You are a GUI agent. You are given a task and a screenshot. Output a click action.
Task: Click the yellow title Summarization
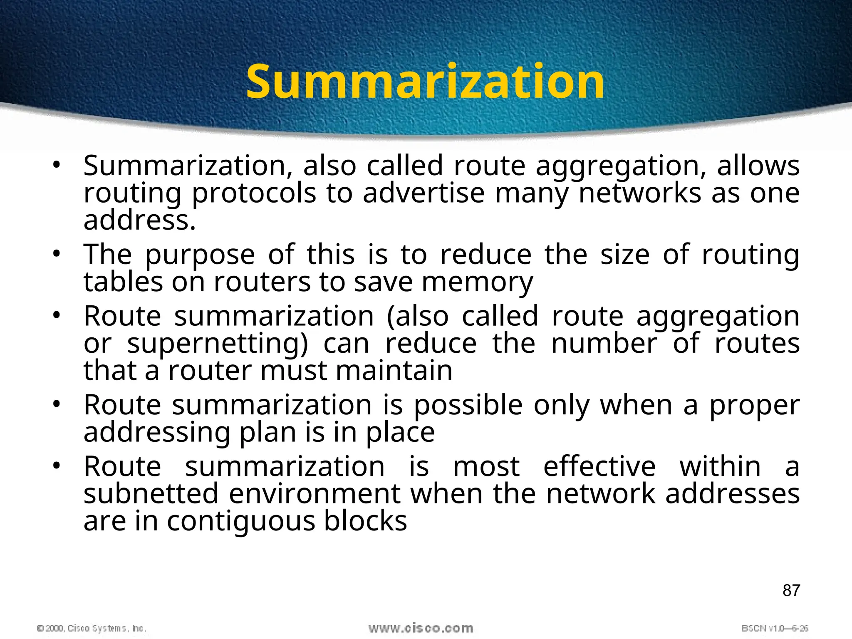pyautogui.click(x=425, y=82)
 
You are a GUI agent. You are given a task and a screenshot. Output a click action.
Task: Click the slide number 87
pyautogui.click(x=791, y=590)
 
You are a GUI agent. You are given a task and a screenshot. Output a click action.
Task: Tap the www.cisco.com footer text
pyautogui.click(x=421, y=628)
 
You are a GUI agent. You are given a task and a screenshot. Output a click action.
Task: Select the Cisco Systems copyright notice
pyautogui.click(x=92, y=628)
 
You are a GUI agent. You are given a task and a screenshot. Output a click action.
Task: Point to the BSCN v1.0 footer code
pyautogui.click(x=775, y=628)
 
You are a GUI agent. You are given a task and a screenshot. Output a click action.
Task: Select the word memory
pyautogui.click(x=477, y=282)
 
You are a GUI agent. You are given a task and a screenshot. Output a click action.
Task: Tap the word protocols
pyautogui.click(x=254, y=194)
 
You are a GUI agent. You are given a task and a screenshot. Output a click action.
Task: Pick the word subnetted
pyautogui.click(x=151, y=494)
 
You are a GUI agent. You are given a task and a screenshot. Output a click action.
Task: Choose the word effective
pyautogui.click(x=599, y=466)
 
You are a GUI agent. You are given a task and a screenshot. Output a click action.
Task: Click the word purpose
pyautogui.click(x=200, y=255)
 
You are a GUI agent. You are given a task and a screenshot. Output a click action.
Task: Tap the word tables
pyautogui.click(x=123, y=282)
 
